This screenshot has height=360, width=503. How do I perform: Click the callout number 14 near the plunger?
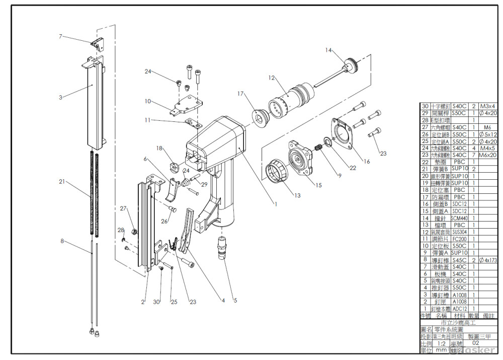tap(328, 50)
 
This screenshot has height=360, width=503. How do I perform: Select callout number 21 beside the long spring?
tap(61, 181)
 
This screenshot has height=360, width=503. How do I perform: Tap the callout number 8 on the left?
tap(62, 241)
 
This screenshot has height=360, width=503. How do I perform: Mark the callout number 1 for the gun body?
tap(276, 204)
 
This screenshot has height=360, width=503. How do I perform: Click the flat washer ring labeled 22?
tap(327, 143)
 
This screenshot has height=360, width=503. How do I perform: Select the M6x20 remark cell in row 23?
tap(488, 155)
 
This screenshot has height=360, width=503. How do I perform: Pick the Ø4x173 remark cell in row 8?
tap(488, 259)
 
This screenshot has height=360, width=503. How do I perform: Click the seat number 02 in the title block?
tap(475, 342)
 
